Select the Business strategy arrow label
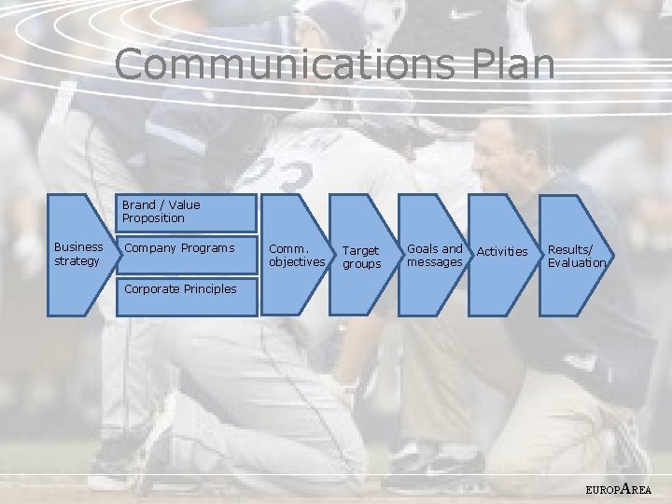[x=78, y=253]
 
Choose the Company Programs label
[x=179, y=248]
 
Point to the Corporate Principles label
[x=180, y=289]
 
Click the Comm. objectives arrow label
[x=297, y=255]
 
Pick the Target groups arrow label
[x=362, y=257]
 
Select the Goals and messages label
[x=435, y=255]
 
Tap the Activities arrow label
[x=502, y=251]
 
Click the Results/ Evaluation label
[x=576, y=256]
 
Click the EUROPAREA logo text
[x=619, y=488]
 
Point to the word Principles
[x=209, y=289]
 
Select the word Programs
[x=206, y=248]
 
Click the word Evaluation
[x=577, y=262]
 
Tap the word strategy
[x=77, y=260]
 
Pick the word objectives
[x=297, y=261]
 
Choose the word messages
[x=435, y=262]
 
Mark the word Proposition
[x=153, y=218]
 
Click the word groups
[x=362, y=264]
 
